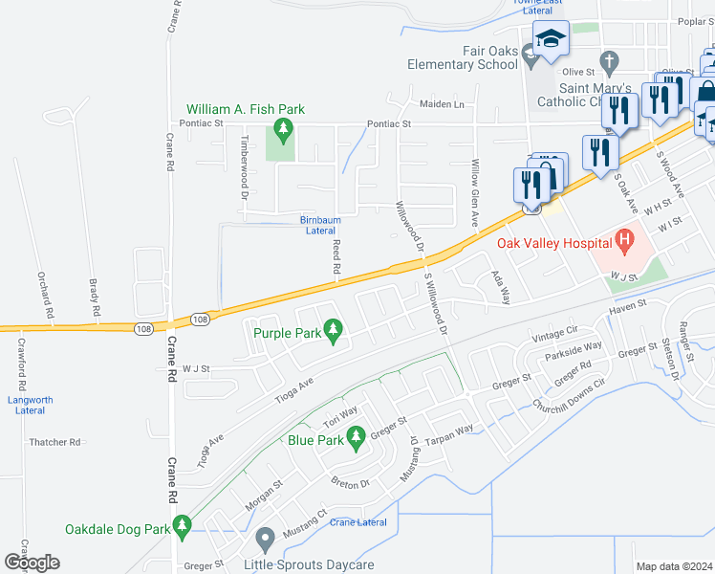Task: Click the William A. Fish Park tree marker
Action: [282, 127]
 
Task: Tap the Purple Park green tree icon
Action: [334, 331]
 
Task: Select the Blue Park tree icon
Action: [357, 438]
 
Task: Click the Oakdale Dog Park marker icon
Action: [184, 526]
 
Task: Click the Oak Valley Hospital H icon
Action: [625, 239]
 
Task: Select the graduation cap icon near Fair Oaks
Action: [552, 40]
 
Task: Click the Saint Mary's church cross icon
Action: [606, 64]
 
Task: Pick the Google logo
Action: [32, 563]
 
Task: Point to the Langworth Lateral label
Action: [30, 405]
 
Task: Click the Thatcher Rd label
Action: [54, 442]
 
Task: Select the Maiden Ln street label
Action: [442, 103]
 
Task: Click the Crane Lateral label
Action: [358, 522]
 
